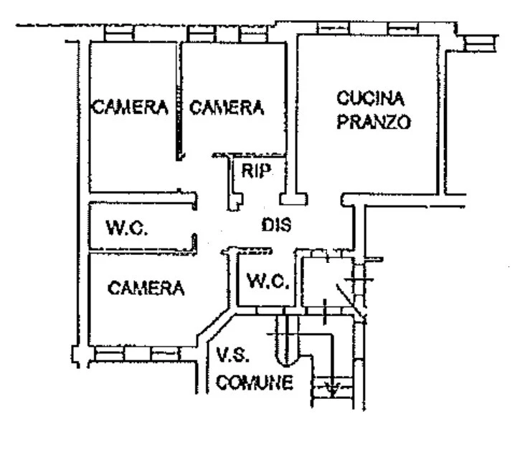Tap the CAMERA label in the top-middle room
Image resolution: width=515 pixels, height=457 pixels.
pyautogui.click(x=226, y=107)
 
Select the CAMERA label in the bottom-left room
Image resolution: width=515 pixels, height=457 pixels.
pyautogui.click(x=146, y=288)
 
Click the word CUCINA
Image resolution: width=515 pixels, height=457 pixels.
pyautogui.click(x=372, y=97)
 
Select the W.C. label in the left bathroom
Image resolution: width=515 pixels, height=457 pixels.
pyautogui.click(x=127, y=229)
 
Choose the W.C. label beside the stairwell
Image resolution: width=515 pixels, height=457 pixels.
pyautogui.click(x=268, y=282)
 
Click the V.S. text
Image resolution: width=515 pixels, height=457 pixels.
pyautogui.click(x=232, y=355)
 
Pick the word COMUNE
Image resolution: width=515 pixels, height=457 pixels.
pyautogui.click(x=255, y=383)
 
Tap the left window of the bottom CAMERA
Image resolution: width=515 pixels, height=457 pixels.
pyautogui.click(x=109, y=353)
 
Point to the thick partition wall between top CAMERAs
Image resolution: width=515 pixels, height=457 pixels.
pyautogui.click(x=178, y=100)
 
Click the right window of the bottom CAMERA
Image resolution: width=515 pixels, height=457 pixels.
pyautogui.click(x=165, y=353)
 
